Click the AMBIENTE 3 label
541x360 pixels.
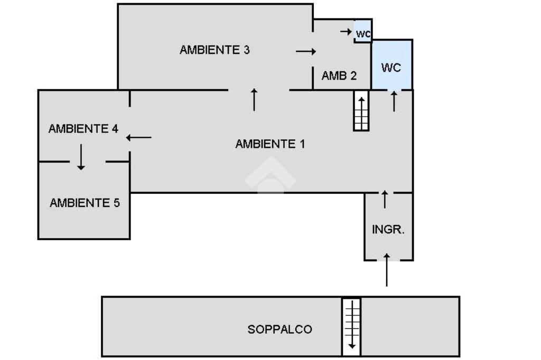pos(214,50)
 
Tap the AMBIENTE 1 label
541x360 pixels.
pos(270,144)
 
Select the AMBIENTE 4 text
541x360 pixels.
pos(83,129)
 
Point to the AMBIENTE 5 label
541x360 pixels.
pos(85,203)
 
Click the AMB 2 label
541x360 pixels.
pos(339,75)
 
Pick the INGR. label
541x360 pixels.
pos(388,230)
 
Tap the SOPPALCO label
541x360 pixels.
pos(279,329)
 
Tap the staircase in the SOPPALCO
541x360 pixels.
pos(351,326)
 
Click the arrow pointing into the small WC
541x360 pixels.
pos(346,32)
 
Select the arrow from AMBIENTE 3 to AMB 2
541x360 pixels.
pos(306,51)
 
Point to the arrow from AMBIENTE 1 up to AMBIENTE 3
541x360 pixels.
pos(254,99)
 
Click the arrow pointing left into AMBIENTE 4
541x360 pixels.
pos(139,138)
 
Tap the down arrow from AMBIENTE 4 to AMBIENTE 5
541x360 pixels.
pos(81,157)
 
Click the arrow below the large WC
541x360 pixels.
pos(394,101)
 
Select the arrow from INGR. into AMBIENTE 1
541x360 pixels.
pos(385,199)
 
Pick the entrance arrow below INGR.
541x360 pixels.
pos(387,270)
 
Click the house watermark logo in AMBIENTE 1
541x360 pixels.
pos(270,174)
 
